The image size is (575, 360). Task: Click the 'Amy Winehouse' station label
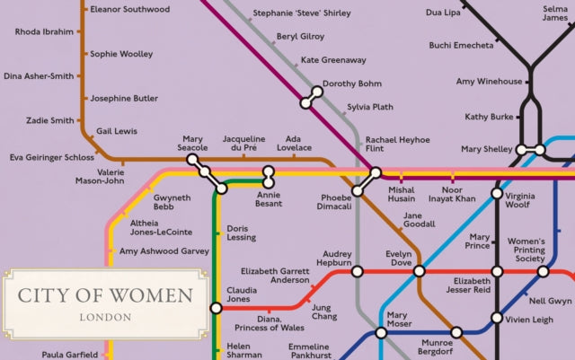pyautogui.click(x=488, y=82)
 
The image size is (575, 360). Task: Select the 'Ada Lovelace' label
pyautogui.click(x=293, y=144)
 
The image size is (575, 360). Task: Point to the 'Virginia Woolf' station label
pyautogui.click(x=526, y=200)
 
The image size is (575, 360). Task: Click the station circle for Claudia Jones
pyautogui.click(x=216, y=309)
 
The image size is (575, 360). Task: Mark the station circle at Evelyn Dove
pyautogui.click(x=419, y=271)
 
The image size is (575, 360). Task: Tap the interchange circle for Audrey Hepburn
pyautogui.click(x=357, y=271)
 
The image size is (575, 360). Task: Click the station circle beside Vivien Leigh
pyautogui.click(x=496, y=318)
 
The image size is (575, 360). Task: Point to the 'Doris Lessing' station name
pyautogui.click(x=241, y=233)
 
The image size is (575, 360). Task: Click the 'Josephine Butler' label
pyautogui.click(x=124, y=98)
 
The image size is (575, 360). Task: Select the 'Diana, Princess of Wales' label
pyautogui.click(x=269, y=323)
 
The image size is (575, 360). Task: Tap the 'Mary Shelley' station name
pyautogui.click(x=485, y=149)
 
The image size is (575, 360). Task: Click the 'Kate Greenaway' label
pyautogui.click(x=333, y=60)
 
